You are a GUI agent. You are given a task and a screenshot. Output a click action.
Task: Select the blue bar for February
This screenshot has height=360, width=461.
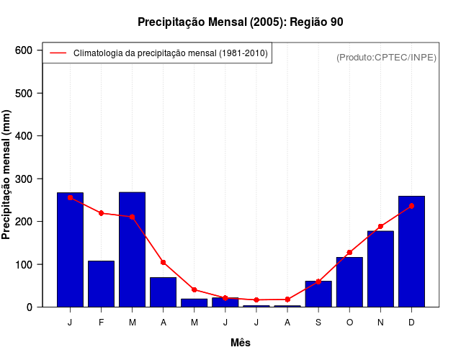[101, 284]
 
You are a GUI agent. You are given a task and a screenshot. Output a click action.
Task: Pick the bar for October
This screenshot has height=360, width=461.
[349, 282]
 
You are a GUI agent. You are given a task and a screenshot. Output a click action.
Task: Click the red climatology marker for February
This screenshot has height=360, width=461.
[101, 213]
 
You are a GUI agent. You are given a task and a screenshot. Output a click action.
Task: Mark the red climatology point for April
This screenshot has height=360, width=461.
[164, 262]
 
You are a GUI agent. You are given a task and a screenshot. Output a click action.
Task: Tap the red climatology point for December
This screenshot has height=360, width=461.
[411, 206]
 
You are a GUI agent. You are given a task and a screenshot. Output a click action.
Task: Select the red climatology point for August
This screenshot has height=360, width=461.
[287, 300]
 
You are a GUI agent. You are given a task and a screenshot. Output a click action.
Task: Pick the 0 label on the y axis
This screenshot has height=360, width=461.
[30, 307]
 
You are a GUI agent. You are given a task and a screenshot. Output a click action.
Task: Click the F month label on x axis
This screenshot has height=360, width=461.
[101, 322]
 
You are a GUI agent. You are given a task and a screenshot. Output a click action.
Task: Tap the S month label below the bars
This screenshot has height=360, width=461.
[318, 322]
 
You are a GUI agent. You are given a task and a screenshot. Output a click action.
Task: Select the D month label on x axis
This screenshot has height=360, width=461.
[411, 322]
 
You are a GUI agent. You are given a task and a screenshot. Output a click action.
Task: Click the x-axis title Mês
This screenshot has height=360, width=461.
[241, 343]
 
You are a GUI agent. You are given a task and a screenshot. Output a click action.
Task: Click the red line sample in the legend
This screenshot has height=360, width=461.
[58, 53]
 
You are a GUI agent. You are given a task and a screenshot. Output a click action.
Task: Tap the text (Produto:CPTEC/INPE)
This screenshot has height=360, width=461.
[386, 57]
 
